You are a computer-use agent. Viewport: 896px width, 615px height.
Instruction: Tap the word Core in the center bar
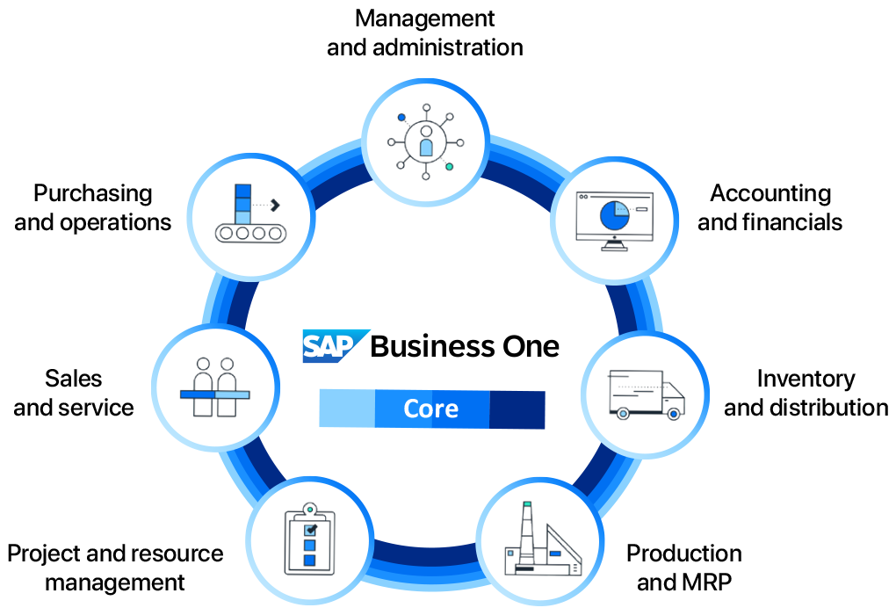pos(430,409)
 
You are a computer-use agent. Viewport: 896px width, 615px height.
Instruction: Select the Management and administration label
pos(425,33)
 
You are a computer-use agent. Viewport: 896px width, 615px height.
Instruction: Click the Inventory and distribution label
pos(806,393)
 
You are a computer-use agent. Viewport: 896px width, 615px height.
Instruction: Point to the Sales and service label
pos(74,393)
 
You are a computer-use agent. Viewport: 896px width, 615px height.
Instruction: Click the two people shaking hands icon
pos(215,386)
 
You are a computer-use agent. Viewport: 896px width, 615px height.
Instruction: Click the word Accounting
pos(771,193)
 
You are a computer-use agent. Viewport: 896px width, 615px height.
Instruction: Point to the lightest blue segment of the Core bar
pos(346,409)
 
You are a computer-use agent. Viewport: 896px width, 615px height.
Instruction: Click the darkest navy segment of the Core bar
pos(517,409)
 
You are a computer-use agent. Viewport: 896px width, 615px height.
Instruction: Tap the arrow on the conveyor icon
pos(275,205)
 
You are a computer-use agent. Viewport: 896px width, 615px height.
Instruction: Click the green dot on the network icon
pos(450,166)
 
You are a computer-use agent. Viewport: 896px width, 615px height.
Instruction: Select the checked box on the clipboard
pos(309,530)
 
